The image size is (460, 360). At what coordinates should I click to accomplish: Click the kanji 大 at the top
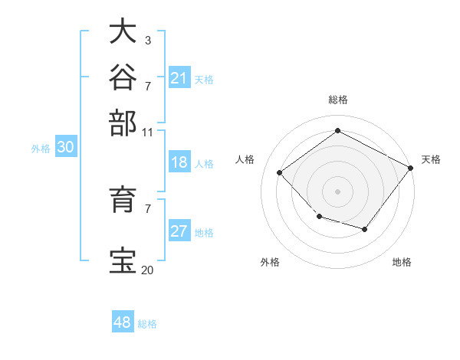point(123,31)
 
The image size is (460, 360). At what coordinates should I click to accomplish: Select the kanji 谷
point(123,77)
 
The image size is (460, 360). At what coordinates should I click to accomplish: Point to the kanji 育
point(123,199)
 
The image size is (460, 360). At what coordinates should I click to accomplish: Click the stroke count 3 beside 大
point(148,40)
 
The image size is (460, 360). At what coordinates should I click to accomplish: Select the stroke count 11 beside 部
point(147,133)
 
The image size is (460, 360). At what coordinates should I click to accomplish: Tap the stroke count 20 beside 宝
point(147,270)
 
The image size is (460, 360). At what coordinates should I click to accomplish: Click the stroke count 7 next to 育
point(148,209)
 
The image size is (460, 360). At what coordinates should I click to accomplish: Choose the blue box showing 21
point(179,77)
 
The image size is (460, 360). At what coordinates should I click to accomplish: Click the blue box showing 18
point(179,162)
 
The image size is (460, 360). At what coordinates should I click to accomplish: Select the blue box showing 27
point(179,230)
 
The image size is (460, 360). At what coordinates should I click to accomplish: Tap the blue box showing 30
point(66,146)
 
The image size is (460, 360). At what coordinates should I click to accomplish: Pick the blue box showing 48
point(123,321)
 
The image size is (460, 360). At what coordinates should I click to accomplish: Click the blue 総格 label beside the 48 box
point(147,324)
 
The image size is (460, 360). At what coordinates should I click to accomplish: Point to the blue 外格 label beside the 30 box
point(41,149)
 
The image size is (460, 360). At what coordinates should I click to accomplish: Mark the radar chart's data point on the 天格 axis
point(410,168)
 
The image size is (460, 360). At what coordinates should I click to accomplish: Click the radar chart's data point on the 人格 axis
point(280,172)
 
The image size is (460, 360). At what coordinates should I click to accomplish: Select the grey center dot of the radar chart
point(337,191)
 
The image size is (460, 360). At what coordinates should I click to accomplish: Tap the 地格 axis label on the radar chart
point(402,262)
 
